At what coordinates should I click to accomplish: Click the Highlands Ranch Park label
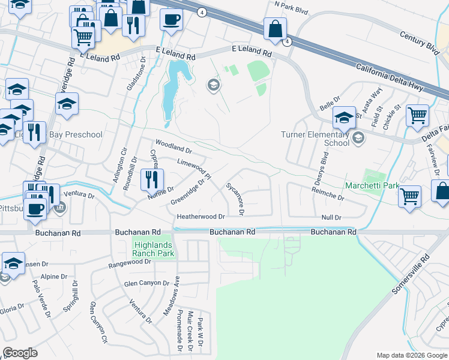(x=153, y=249)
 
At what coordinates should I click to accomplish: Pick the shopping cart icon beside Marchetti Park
(x=409, y=196)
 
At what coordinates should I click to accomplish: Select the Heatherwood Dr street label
(x=200, y=216)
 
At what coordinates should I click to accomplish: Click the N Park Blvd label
(x=291, y=4)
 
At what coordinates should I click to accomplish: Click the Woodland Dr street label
(x=173, y=146)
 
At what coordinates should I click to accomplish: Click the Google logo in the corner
(x=20, y=353)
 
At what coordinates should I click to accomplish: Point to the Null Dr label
(x=331, y=217)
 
